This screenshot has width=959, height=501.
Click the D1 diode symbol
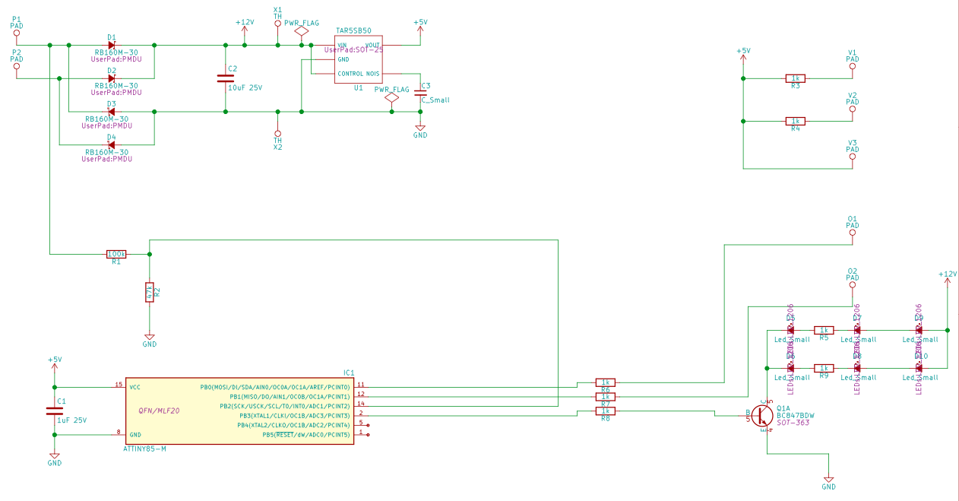(111, 45)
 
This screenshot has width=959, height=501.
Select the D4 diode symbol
(111, 144)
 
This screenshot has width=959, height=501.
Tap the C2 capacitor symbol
(225, 78)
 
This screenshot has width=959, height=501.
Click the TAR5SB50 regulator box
(358, 59)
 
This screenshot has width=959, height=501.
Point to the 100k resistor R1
(116, 254)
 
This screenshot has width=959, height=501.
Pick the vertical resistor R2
(150, 292)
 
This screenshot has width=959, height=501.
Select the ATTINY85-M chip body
(239, 411)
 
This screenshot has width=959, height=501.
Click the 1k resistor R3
(795, 78)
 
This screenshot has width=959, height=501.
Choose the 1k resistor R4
(795, 121)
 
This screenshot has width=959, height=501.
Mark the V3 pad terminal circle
(852, 159)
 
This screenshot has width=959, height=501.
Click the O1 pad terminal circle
(852, 234)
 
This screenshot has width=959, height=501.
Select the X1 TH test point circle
(277, 24)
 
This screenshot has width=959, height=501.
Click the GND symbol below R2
(150, 337)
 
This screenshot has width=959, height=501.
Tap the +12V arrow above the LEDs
(947, 282)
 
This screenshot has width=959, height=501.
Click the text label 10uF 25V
(245, 88)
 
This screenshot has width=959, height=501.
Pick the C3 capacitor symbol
(420, 94)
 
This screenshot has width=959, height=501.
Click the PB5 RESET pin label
(306, 434)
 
